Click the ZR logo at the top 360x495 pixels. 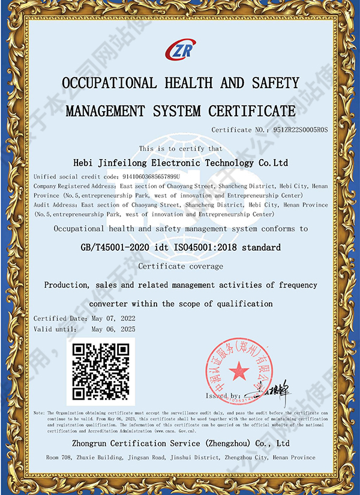(180, 49)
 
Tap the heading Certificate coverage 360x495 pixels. (180, 266)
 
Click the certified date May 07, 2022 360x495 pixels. (113, 318)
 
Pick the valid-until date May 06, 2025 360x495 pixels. (113, 329)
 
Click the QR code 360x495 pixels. (101, 372)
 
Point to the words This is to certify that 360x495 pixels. (180, 148)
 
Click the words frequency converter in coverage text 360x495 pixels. (300, 285)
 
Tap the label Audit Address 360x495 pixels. (56, 205)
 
